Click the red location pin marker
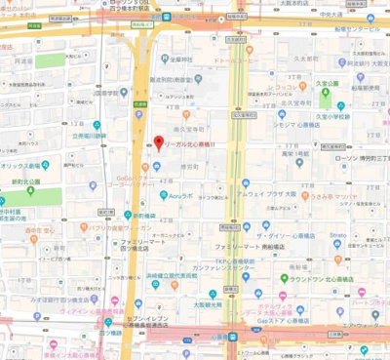159,143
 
